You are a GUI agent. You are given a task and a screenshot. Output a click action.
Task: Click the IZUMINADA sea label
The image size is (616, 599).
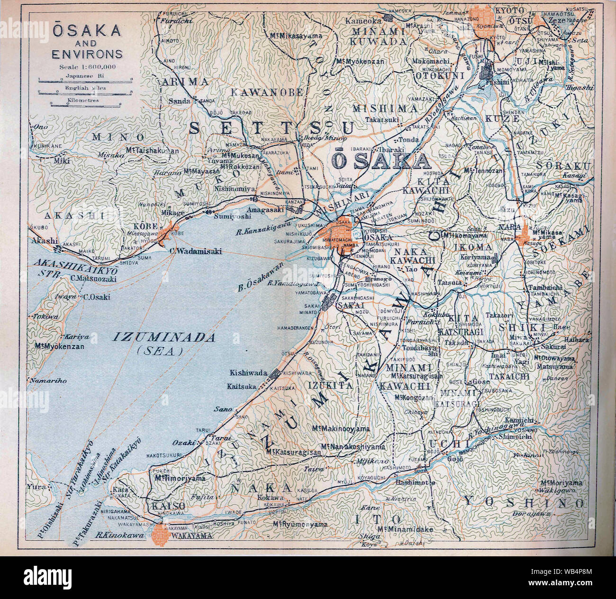click(164, 338)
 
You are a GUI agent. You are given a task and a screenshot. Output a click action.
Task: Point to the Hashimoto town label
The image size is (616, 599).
click(417, 482)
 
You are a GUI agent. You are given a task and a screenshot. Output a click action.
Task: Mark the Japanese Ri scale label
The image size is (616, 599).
click(85, 75)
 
